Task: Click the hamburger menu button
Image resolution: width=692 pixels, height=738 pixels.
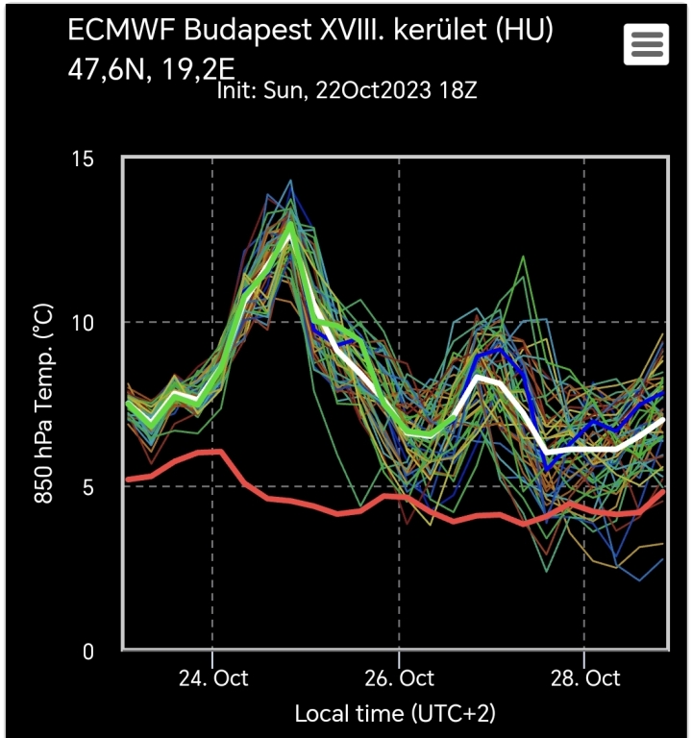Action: pos(646,43)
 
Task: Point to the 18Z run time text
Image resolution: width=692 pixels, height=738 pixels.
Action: pos(458,91)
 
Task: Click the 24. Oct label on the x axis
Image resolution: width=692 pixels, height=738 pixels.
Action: pos(212,677)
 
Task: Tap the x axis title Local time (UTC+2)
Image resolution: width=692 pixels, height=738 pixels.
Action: pos(394,713)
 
